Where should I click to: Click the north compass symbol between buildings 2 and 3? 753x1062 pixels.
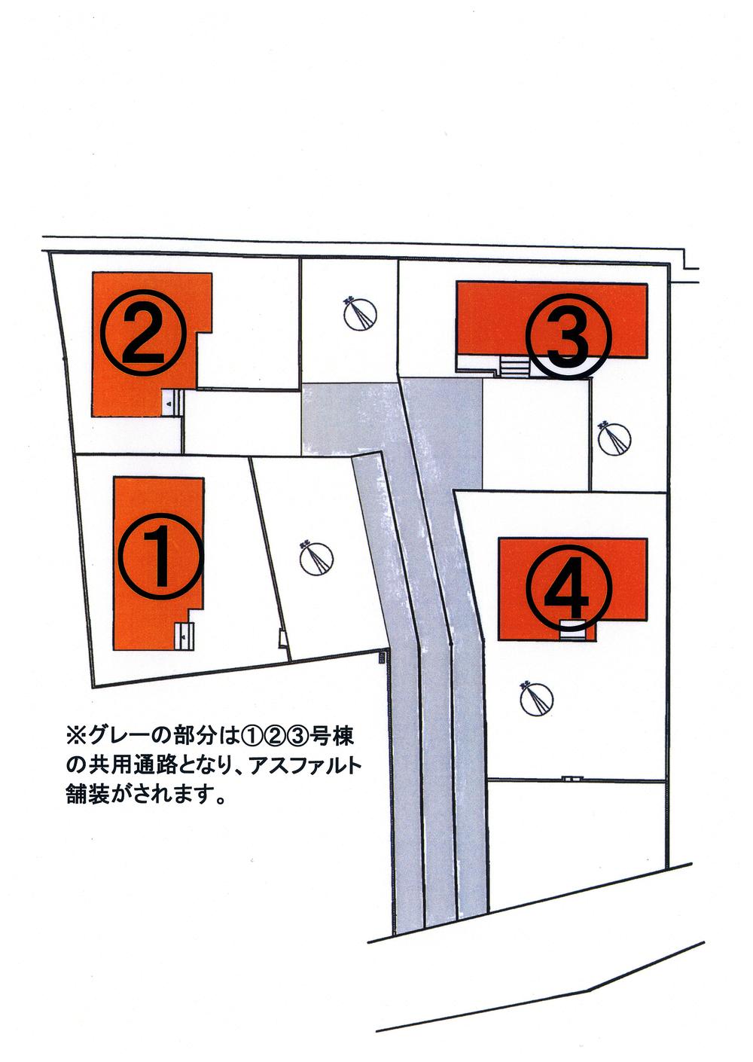coord(360,315)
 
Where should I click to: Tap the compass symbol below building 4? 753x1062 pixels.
coord(537,700)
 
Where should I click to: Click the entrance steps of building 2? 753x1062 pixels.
coord(171,402)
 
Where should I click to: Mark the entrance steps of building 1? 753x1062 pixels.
coord(184,636)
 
